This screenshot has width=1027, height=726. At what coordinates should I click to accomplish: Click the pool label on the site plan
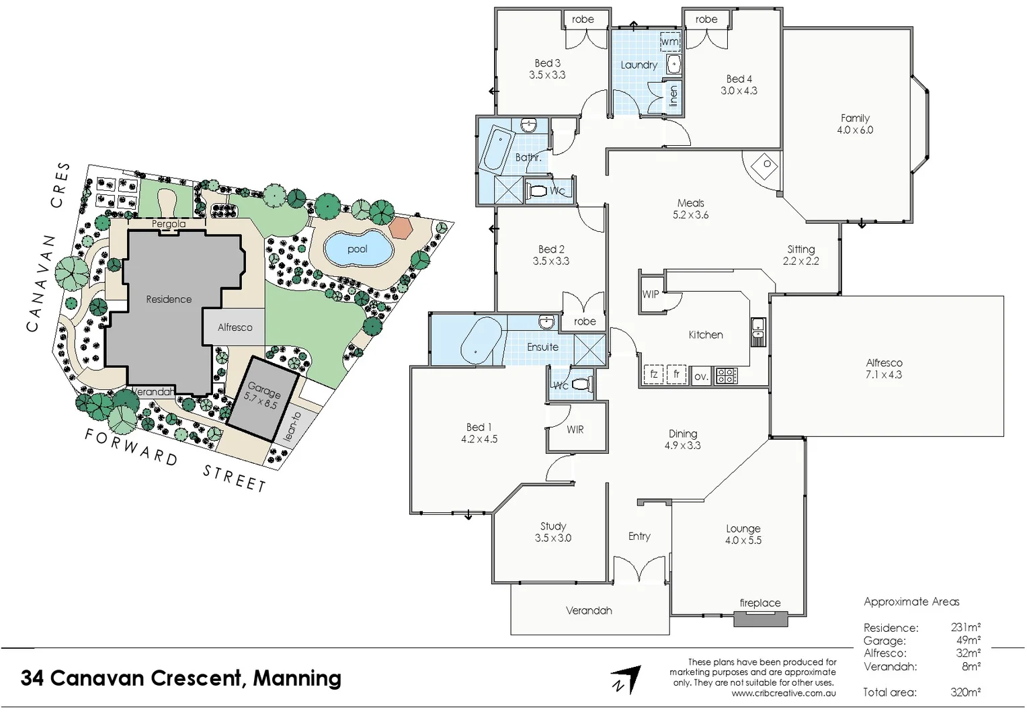(357, 249)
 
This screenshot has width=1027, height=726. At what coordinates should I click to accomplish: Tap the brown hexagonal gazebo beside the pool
(401, 227)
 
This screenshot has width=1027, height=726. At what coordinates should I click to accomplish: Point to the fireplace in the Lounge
(760, 618)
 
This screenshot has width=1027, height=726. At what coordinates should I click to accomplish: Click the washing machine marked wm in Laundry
(669, 42)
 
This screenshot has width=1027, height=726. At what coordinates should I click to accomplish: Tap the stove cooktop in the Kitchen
(726, 376)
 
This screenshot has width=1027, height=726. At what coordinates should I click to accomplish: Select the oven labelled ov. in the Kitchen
(701, 376)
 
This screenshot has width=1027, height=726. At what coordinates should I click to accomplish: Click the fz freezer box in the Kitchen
(653, 374)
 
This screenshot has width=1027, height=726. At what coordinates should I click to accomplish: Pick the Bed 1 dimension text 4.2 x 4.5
(479, 439)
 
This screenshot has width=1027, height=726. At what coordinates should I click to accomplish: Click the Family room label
(855, 118)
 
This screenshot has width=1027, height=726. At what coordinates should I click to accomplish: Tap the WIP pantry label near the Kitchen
(650, 294)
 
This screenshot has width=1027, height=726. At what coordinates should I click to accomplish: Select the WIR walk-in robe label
(575, 430)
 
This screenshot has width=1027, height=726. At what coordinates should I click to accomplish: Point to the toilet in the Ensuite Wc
(582, 385)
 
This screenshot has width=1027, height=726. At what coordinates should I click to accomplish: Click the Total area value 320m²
(965, 692)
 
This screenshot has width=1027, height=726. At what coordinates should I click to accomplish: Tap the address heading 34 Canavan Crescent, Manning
(181, 678)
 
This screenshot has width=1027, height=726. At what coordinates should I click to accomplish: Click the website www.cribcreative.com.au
(784, 693)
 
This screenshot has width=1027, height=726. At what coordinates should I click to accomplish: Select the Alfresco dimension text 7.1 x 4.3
(884, 374)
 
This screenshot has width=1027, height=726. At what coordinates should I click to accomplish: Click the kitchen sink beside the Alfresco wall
(758, 331)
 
